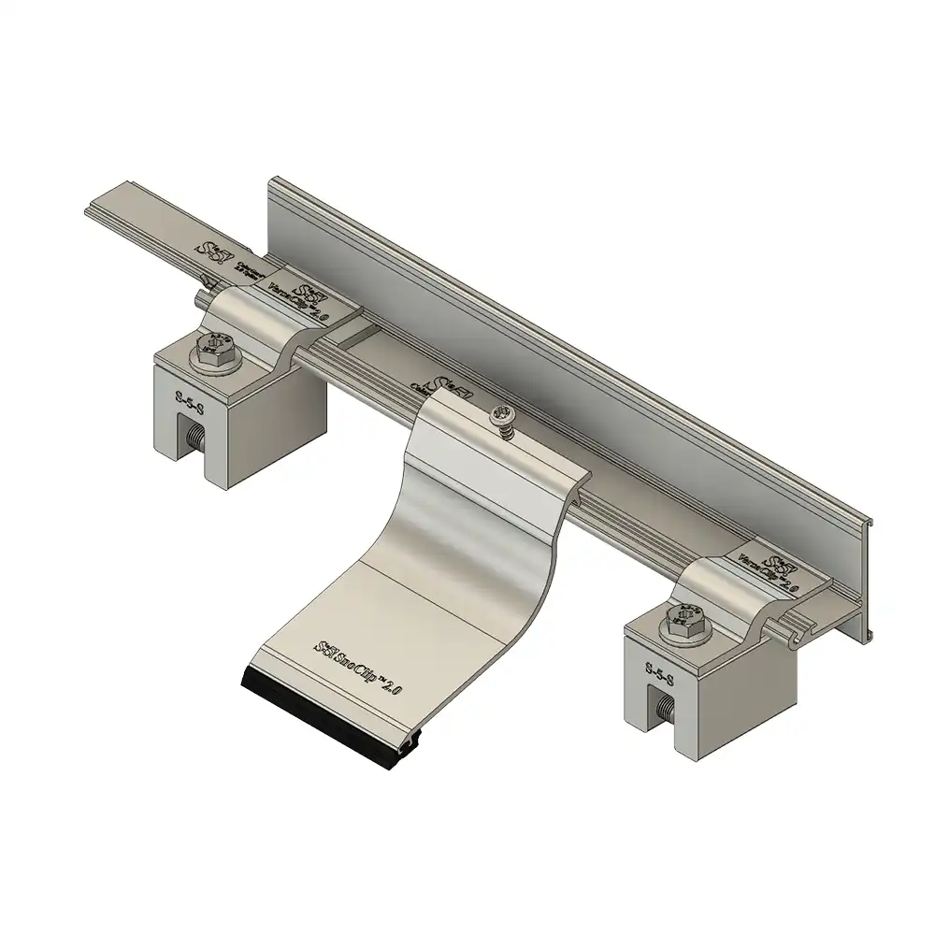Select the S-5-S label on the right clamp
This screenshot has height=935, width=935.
tap(662, 669)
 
